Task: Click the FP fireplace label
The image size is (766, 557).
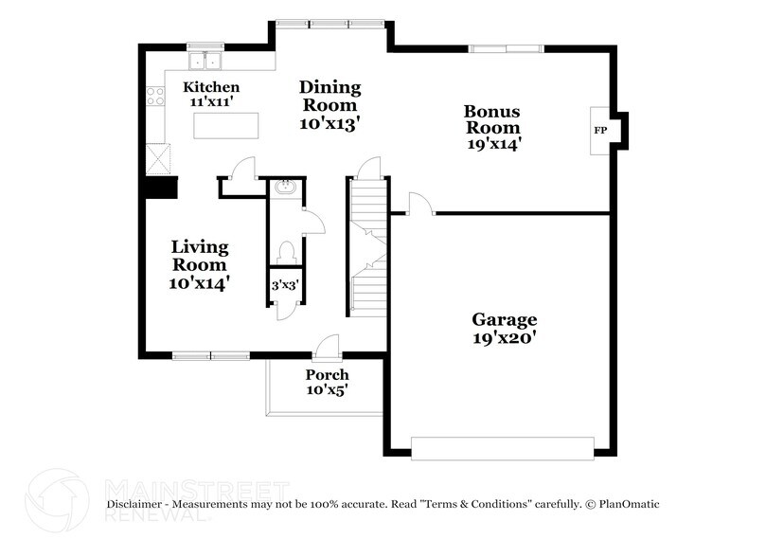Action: point(599,129)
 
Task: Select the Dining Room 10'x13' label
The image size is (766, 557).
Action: point(330,104)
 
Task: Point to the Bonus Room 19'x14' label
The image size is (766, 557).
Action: point(491,127)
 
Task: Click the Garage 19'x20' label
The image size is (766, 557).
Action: point(505,328)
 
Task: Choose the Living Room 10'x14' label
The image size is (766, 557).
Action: point(199,264)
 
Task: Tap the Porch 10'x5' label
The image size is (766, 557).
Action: point(327,382)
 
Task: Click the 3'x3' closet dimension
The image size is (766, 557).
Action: point(283,284)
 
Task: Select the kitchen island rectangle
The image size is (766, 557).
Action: point(225,125)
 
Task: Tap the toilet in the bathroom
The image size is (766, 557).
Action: point(285,251)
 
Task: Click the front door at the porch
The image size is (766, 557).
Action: point(327,350)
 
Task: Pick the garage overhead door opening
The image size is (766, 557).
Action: point(502,448)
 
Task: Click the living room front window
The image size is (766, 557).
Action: point(210,355)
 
